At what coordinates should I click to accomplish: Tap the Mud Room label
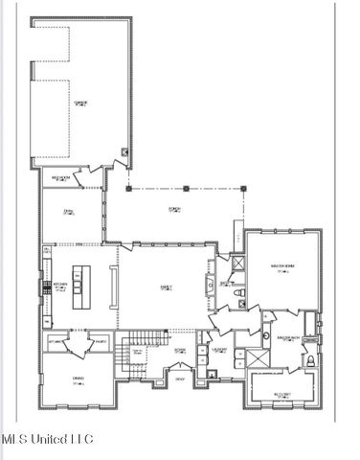point(63,177)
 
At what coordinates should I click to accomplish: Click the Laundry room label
point(219,350)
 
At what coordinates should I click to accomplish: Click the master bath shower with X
point(256,358)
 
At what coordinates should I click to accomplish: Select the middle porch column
point(186,188)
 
